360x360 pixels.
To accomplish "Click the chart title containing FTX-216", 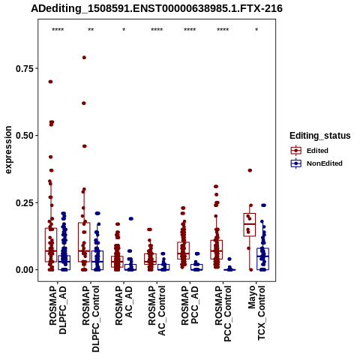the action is [x=157, y=8].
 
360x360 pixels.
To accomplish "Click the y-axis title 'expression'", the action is [x=8, y=150].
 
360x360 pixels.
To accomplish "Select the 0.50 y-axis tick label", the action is [x=25, y=136].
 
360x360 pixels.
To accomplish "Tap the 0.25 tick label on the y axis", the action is [x=25, y=202].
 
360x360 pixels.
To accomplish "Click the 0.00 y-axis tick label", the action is [x=25, y=270].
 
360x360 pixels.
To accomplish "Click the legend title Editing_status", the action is [x=320, y=136].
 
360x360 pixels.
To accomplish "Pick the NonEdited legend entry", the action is [x=316, y=163].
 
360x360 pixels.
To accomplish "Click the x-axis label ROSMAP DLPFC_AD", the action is [x=58, y=310].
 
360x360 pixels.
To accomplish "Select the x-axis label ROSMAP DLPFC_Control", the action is [x=91, y=319].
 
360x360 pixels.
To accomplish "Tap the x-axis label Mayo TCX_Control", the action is [x=256, y=313].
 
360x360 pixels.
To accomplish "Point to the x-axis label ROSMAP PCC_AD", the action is [x=190, y=306].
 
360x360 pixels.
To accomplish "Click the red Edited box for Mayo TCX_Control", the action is [x=250, y=224].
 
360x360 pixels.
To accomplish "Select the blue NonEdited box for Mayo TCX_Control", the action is [x=262, y=259].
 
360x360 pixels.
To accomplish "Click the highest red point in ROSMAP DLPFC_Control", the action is [x=84, y=58].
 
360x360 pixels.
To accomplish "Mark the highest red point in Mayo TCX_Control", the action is [x=250, y=170].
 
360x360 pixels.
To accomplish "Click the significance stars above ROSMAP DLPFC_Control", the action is [x=91, y=30].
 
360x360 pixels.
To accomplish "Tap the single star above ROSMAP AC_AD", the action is [x=124, y=30].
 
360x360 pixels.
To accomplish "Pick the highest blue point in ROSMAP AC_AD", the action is [x=130, y=219].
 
